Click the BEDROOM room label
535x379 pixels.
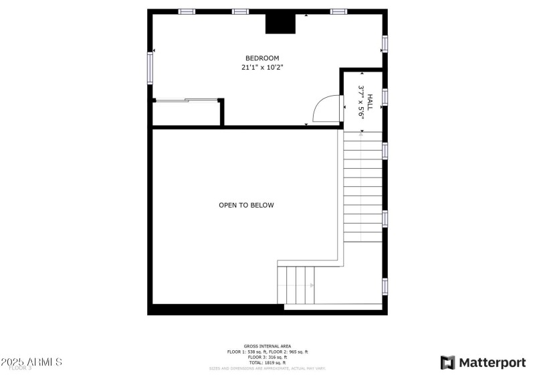pos(261,58)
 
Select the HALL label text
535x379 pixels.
pos(370,102)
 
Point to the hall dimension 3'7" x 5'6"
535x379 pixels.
pos(362,102)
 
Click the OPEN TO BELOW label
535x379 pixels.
pos(246,205)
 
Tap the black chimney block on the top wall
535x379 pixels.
pos(280,23)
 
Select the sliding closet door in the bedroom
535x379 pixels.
pos(187,100)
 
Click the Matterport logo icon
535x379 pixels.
pos(447,362)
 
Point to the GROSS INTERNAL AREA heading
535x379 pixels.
pos(267,346)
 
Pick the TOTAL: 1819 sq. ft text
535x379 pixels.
pos(267,362)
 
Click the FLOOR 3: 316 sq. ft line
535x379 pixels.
pos(267,357)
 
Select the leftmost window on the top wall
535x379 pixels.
pos(187,11)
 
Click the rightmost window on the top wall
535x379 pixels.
pos(339,11)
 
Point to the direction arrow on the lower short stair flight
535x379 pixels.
pos(310,285)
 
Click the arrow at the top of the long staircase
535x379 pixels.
pos(362,135)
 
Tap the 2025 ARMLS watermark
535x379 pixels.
pos(32,362)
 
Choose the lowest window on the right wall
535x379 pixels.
pos(385,286)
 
